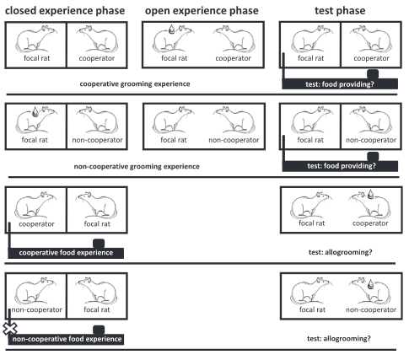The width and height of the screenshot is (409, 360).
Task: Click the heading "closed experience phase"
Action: tap(65, 11)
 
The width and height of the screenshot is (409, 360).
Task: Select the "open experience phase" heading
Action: tap(202, 11)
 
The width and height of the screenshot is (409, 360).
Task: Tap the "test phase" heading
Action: tap(340, 11)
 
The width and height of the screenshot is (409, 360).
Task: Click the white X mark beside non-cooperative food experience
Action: tap(10, 329)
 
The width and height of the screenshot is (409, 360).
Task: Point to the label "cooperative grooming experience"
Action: tap(135, 84)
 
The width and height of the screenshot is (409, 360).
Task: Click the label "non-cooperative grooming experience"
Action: tap(137, 166)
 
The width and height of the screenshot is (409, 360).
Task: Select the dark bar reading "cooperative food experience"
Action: tap(66, 253)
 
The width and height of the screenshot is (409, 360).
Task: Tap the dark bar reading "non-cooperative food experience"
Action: tap(67, 339)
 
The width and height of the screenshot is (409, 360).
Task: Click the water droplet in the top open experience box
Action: tap(171, 30)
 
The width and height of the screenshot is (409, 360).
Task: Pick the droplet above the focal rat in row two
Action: tap(35, 112)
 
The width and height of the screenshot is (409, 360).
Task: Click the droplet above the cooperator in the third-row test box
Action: tap(371, 194)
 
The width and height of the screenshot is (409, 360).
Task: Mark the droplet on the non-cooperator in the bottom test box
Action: tap(371, 284)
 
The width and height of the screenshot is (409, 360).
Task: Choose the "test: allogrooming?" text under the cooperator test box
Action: tap(340, 252)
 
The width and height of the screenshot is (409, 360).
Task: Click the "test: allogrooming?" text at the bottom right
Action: tap(339, 338)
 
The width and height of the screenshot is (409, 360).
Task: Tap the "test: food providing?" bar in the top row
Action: tap(340, 84)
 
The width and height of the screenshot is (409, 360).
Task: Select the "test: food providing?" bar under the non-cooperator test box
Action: tap(340, 166)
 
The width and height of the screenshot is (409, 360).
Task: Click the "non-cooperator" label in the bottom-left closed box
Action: tap(36, 309)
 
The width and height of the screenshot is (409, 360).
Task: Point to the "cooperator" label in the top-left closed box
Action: tap(97, 58)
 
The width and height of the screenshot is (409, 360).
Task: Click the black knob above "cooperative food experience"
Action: tap(99, 244)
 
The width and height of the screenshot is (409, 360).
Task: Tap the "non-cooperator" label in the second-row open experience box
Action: tap(234, 140)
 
